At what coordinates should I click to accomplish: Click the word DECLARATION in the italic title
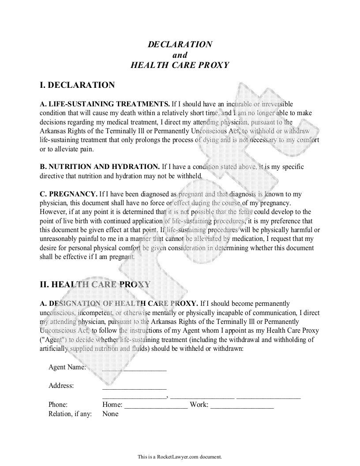(180, 44)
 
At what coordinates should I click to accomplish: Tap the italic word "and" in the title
(180, 55)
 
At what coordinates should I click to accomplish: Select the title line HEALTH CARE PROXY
(180, 65)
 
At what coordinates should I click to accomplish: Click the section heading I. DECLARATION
(77, 85)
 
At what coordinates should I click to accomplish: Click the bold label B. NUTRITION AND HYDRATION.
(100, 167)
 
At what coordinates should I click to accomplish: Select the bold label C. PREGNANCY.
(69, 194)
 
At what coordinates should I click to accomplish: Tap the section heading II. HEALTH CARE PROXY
(95, 285)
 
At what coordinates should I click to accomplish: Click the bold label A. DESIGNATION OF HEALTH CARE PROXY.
(119, 304)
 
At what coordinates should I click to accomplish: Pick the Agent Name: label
(67, 367)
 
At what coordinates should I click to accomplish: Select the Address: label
(61, 386)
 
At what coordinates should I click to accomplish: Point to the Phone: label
(58, 405)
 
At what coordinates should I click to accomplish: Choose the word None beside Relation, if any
(110, 414)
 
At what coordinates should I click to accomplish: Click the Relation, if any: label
(70, 414)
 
